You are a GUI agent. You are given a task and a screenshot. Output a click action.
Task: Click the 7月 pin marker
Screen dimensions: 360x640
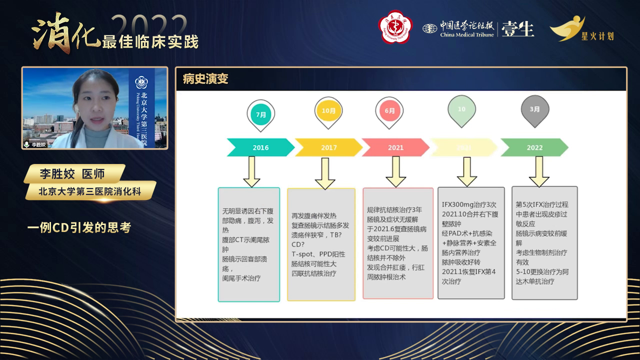260,113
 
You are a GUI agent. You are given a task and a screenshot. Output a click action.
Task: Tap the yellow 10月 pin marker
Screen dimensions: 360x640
328,110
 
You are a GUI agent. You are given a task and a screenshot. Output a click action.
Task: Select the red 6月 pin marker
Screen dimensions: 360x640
389,110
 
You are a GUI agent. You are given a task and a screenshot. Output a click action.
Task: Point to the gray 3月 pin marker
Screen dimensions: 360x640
534,109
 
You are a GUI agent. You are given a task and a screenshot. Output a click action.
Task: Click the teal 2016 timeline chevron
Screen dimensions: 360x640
260,147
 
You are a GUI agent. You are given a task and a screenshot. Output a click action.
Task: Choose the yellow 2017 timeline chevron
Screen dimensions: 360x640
328,147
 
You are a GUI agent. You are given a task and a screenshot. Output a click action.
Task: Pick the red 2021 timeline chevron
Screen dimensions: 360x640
395,147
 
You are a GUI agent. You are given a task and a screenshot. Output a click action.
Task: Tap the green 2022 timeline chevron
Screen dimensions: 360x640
534,147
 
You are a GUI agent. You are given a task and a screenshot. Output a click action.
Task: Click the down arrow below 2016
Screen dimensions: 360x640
251,171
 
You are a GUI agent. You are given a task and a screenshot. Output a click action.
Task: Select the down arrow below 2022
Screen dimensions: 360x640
539,171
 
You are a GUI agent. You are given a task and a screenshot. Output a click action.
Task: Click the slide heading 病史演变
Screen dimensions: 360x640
205,79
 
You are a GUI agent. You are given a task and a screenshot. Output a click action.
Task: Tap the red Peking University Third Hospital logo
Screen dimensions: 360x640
395,27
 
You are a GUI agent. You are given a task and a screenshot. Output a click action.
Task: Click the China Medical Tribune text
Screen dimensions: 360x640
467,34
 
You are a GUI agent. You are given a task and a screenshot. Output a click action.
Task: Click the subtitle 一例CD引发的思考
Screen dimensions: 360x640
79,227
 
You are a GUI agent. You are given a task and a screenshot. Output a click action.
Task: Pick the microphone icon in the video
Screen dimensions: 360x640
27,144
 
